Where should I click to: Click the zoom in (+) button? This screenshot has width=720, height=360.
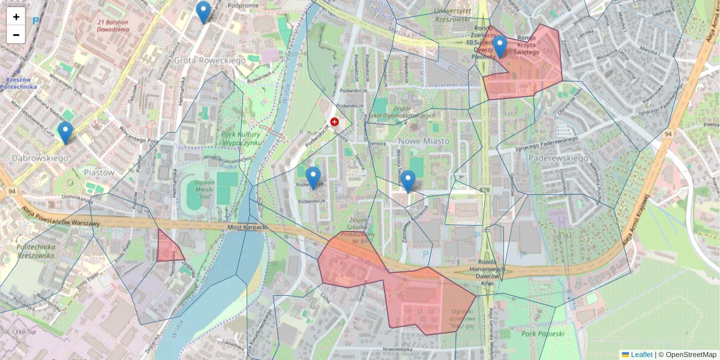point(16,17)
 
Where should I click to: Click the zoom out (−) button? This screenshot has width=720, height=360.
point(16,35)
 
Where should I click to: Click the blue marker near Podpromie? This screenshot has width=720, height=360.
point(204,12)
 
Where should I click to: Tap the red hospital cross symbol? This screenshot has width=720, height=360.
point(334,122)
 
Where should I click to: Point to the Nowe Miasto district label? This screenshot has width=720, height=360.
point(424,141)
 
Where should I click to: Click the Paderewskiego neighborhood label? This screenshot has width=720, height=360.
point(558,158)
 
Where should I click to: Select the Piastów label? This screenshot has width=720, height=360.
point(99,172)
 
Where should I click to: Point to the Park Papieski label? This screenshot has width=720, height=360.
point(543,334)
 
